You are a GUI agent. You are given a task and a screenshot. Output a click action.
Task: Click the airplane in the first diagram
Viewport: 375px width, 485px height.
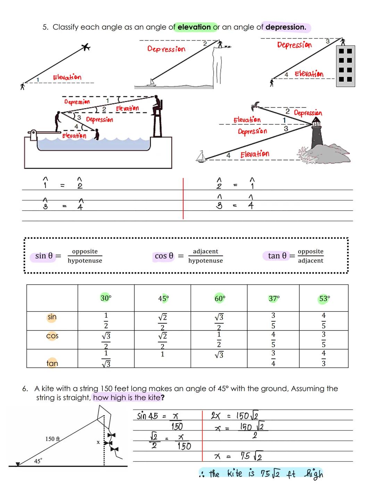(x=85, y=47)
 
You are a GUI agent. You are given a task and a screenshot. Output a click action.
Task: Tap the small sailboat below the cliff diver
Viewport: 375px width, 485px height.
(x=151, y=83)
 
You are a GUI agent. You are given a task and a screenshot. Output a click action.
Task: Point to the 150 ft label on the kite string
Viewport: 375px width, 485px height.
(x=52, y=439)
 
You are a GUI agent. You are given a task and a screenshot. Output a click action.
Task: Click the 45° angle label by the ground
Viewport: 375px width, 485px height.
(x=38, y=461)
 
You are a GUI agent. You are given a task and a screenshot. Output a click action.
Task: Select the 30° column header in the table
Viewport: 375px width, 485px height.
(x=106, y=298)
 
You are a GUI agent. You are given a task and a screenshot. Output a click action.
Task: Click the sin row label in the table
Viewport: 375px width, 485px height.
(x=52, y=317)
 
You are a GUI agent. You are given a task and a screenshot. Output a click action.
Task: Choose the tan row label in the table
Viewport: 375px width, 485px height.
(x=52, y=363)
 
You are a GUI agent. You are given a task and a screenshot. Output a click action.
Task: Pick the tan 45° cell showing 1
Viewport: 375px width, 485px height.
(x=162, y=354)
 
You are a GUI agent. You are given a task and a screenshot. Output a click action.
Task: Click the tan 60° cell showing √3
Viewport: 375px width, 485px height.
(x=219, y=355)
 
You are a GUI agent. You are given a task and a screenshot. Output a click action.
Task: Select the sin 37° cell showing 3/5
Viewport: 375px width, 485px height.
(x=273, y=320)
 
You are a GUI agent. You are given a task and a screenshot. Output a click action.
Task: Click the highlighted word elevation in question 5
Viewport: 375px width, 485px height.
(x=194, y=27)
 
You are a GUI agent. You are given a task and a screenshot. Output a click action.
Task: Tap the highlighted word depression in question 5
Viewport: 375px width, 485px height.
(x=286, y=27)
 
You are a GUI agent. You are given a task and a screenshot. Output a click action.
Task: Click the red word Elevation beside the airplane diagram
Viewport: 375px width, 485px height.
(x=67, y=77)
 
